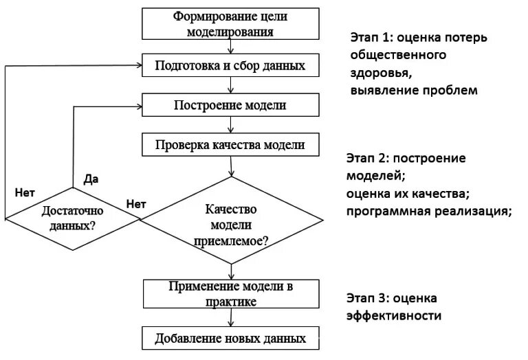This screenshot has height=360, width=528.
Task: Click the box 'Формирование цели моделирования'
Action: (230, 23)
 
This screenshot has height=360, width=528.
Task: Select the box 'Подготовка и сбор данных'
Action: (230, 67)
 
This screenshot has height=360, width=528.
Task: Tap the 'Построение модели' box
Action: (230, 106)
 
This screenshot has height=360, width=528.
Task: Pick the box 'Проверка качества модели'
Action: (230, 145)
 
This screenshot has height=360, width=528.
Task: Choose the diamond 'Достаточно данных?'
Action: (73, 218)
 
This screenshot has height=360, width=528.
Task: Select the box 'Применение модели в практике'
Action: (230, 293)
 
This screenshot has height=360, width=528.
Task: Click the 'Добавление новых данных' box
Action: (230, 339)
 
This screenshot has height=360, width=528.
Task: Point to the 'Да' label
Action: (91, 179)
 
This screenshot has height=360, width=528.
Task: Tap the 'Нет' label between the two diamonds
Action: (136, 203)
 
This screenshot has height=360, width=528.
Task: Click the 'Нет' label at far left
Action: (25, 192)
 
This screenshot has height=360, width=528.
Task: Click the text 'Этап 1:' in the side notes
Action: (372, 38)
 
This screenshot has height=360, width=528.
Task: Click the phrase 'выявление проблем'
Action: (412, 89)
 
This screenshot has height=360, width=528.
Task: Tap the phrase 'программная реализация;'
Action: (430, 210)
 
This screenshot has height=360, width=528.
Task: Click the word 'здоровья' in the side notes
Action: (381, 72)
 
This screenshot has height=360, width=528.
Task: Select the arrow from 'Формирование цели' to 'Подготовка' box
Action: (231, 47)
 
